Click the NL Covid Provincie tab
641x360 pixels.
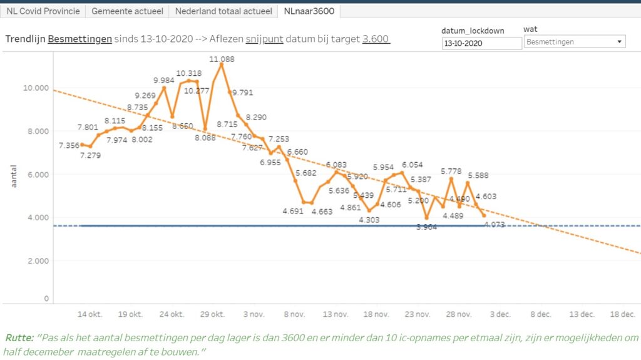coord(43,11)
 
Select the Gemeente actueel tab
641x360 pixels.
coord(127,11)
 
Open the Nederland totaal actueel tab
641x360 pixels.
coord(223,11)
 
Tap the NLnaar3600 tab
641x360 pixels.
coord(309,11)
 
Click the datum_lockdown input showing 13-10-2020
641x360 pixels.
coord(481,43)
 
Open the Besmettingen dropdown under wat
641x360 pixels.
coord(575,42)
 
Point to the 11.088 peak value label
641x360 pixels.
coord(222,59)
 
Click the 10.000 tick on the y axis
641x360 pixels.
coord(36,88)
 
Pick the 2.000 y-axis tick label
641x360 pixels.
coord(37,260)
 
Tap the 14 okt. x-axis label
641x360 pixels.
coord(90,314)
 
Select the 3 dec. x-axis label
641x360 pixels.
coord(500,314)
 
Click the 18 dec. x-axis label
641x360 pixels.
coord(623,314)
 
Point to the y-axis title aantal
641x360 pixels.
coord(14,177)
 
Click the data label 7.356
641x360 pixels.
coord(69,145)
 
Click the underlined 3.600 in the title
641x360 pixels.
coord(376,39)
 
